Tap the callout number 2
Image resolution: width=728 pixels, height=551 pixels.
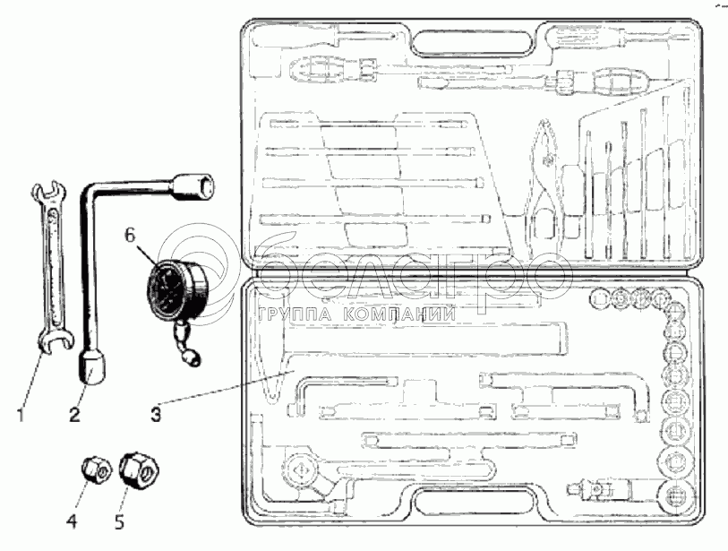(74, 415)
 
